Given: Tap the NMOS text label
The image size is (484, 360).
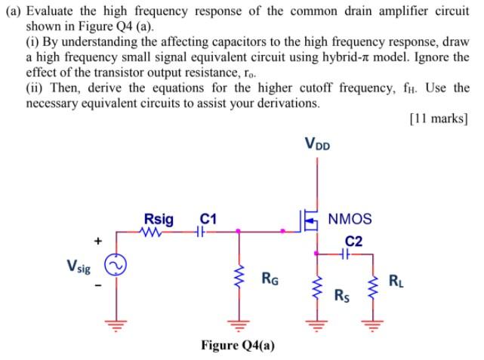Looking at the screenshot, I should (x=350, y=220).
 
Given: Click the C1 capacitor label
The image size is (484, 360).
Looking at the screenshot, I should (x=208, y=219).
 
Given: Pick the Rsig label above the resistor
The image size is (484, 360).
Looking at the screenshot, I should (x=159, y=219).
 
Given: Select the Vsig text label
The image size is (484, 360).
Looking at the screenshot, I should (x=81, y=266).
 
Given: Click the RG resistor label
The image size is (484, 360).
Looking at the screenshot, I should (x=270, y=278).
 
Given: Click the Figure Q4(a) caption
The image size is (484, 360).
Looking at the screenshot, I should (x=238, y=345).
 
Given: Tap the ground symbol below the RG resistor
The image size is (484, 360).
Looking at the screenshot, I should (x=239, y=325).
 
